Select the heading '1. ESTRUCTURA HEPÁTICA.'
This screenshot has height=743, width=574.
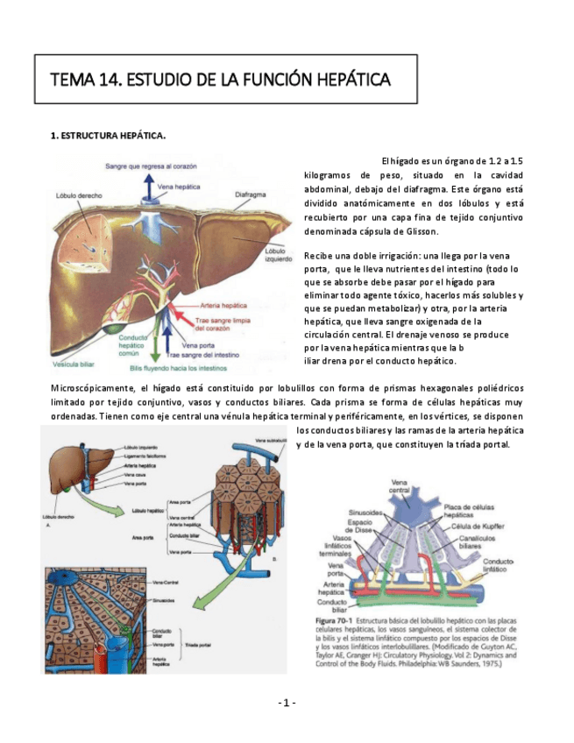[x=109, y=136]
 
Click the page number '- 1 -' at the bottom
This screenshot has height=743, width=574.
[x=287, y=703]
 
